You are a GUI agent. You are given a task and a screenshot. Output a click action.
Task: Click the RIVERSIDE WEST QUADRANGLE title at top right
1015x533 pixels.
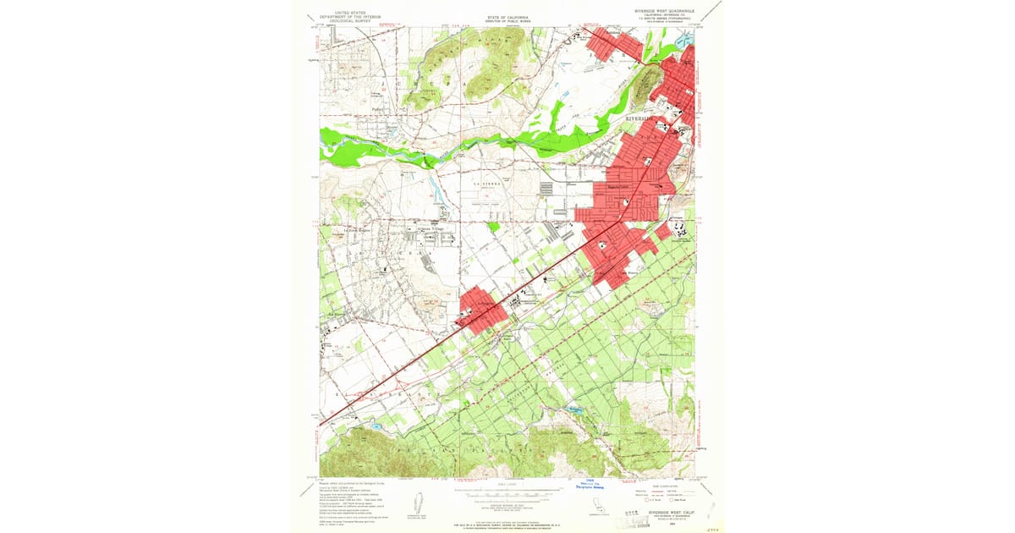pyautogui.click(x=664, y=11)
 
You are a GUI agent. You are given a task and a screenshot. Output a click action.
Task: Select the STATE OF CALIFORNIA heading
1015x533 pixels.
pyautogui.click(x=507, y=16)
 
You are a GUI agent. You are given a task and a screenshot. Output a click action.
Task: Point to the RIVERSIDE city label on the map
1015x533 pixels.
pyautogui.click(x=641, y=119)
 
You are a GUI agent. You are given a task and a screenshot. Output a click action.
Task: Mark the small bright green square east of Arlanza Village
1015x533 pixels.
pyautogui.click(x=493, y=227)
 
